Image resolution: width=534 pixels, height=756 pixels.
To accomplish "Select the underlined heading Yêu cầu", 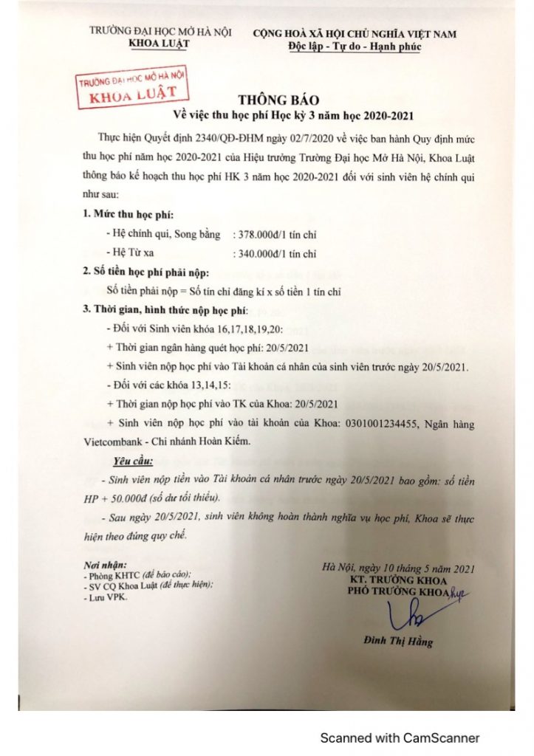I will [133, 462].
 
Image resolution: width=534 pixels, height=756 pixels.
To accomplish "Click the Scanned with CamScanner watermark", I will [400, 738].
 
